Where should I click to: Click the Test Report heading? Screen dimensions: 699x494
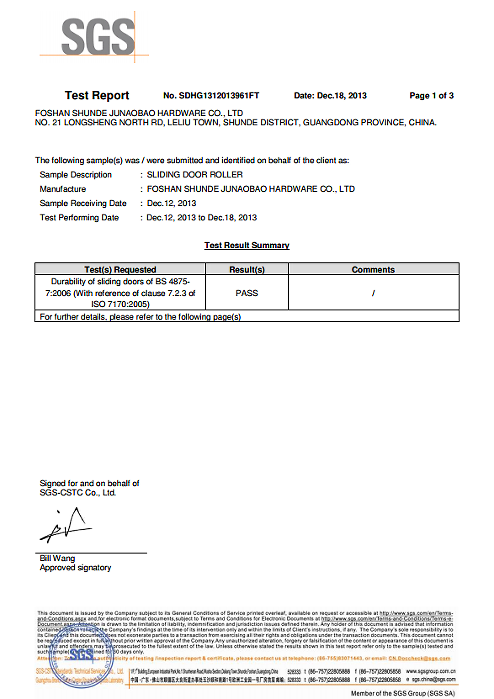pos(97,96)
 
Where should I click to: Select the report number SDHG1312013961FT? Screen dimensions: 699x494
pos(219,96)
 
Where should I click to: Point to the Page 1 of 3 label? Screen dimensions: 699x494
pos(431,96)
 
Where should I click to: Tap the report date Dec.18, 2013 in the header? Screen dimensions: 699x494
pos(342,96)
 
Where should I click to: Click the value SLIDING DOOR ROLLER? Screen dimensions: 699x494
pos(195,175)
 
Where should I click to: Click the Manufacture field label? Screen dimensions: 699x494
pos(63,189)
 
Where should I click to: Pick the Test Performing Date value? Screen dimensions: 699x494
pos(202,218)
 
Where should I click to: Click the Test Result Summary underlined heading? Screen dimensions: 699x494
pos(247,245)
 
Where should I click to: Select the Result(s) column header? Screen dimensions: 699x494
pos(247,270)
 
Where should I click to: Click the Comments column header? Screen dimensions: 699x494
pos(373,270)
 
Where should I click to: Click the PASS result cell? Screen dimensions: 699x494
pos(247,293)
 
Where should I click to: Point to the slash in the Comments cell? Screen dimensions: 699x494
pos(373,293)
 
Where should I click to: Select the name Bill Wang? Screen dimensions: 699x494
pos(57,558)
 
